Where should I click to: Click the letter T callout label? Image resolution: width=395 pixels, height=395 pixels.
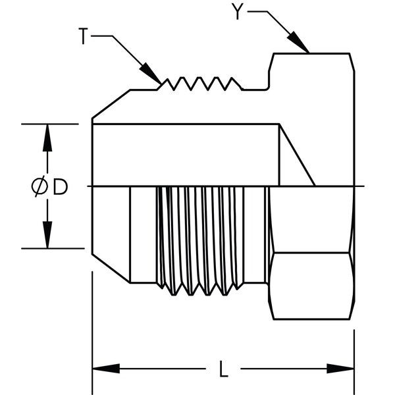pyautogui.click(x=83, y=38)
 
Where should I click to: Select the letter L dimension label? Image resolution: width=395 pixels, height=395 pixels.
pyautogui.click(x=223, y=369)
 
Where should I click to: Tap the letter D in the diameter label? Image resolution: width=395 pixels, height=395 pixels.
pyautogui.click(x=60, y=188)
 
